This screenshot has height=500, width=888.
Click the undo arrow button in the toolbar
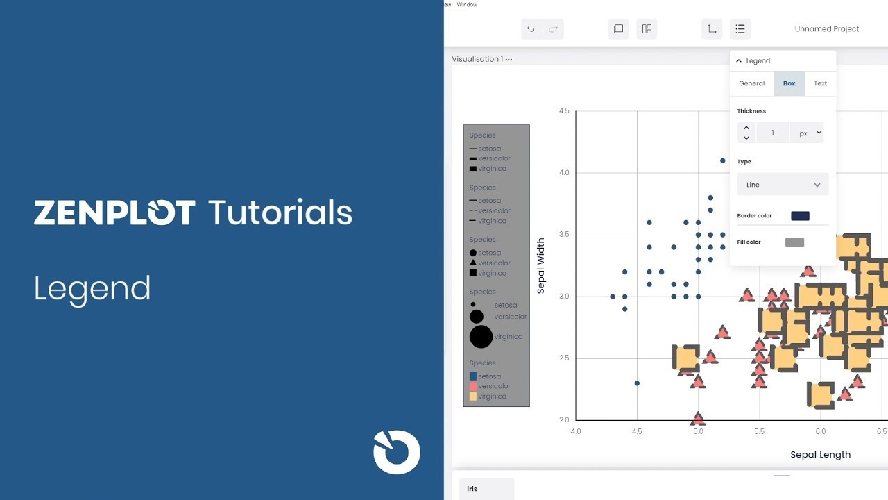(x=531, y=29)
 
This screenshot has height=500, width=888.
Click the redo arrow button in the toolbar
(x=553, y=29)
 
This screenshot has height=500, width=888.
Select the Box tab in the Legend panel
(x=789, y=83)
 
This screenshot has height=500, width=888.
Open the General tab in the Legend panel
(x=751, y=83)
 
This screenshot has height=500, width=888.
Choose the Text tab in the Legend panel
(x=820, y=83)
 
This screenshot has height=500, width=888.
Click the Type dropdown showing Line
(x=783, y=185)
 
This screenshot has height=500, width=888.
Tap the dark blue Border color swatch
(x=800, y=216)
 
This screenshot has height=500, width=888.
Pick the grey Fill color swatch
(x=794, y=242)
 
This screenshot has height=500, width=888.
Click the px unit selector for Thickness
(x=807, y=133)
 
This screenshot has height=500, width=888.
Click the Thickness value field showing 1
(x=772, y=133)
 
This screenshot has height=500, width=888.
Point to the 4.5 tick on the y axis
(x=563, y=111)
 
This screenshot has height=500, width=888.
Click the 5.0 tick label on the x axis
(x=698, y=431)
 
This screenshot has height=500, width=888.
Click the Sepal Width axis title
(x=541, y=266)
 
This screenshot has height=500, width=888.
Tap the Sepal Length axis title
(x=820, y=455)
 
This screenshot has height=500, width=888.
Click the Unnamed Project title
(x=826, y=29)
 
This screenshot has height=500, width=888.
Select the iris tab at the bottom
(x=472, y=489)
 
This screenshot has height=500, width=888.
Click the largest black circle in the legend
(x=481, y=337)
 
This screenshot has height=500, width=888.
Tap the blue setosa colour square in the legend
(x=473, y=376)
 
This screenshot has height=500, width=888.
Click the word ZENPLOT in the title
(x=114, y=212)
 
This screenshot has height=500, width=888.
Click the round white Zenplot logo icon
(x=397, y=452)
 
